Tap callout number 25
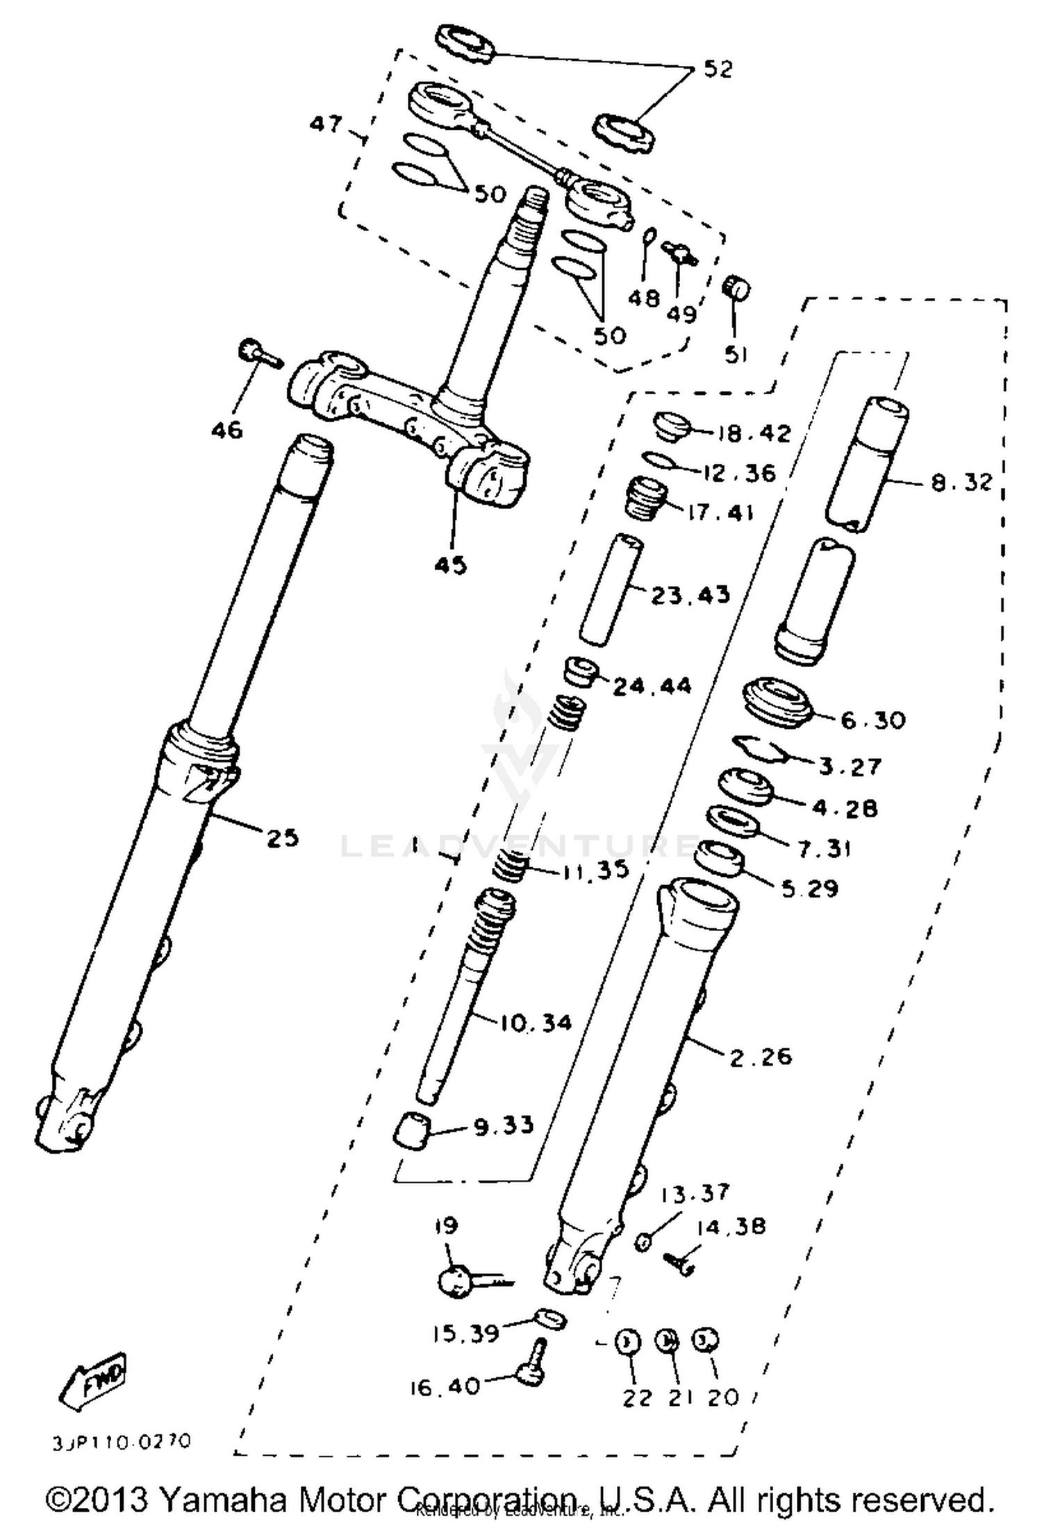[283, 838]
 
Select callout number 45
[450, 565]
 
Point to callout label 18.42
[754, 434]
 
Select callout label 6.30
[873, 721]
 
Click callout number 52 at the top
[718, 69]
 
